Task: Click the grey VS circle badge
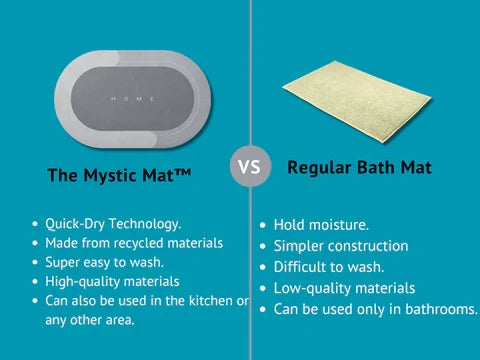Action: (251, 166)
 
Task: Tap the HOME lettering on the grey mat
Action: (133, 99)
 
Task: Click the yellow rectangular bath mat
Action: (357, 102)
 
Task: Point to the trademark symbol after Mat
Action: (182, 173)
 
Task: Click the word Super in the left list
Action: (62, 263)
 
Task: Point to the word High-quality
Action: (83, 282)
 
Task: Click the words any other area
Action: (90, 320)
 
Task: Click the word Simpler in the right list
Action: (299, 247)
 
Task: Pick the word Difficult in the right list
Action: (299, 267)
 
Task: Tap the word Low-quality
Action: (313, 289)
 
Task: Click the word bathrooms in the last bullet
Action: (442, 309)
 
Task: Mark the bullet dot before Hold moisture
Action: (263, 225)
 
